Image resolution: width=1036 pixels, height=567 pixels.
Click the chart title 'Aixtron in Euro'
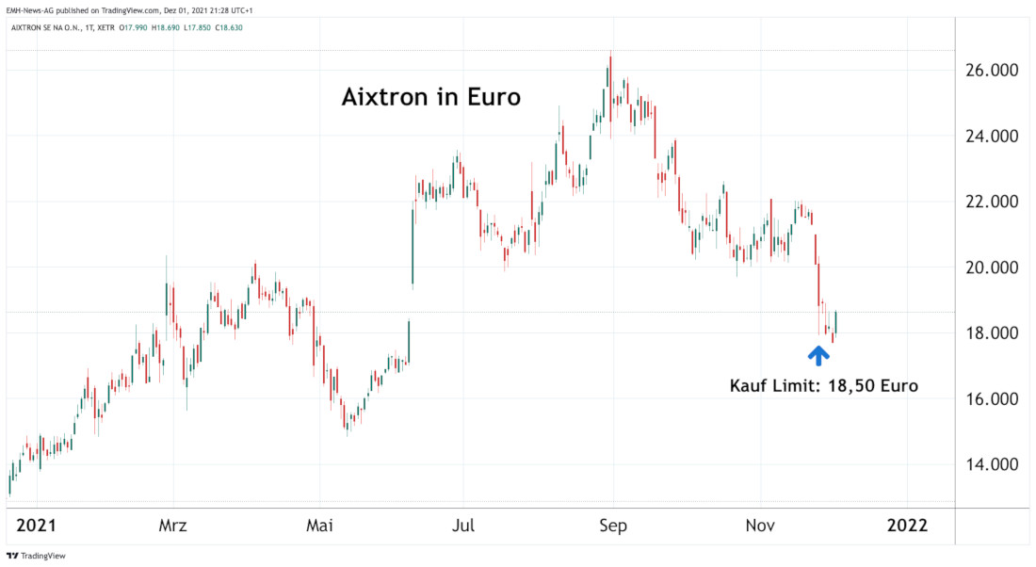(x=430, y=96)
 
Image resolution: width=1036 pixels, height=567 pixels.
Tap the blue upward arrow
(x=818, y=355)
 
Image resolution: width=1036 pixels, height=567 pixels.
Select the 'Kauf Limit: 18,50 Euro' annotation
(x=823, y=385)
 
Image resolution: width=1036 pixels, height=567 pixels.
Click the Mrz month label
(x=173, y=525)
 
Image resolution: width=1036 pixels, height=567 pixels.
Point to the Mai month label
(x=320, y=525)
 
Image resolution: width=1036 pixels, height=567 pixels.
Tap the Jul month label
(x=462, y=525)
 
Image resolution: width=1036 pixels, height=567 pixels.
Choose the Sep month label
(x=613, y=525)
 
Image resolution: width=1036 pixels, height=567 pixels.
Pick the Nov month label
(x=762, y=525)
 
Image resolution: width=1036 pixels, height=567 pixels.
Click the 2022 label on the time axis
(x=907, y=525)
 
